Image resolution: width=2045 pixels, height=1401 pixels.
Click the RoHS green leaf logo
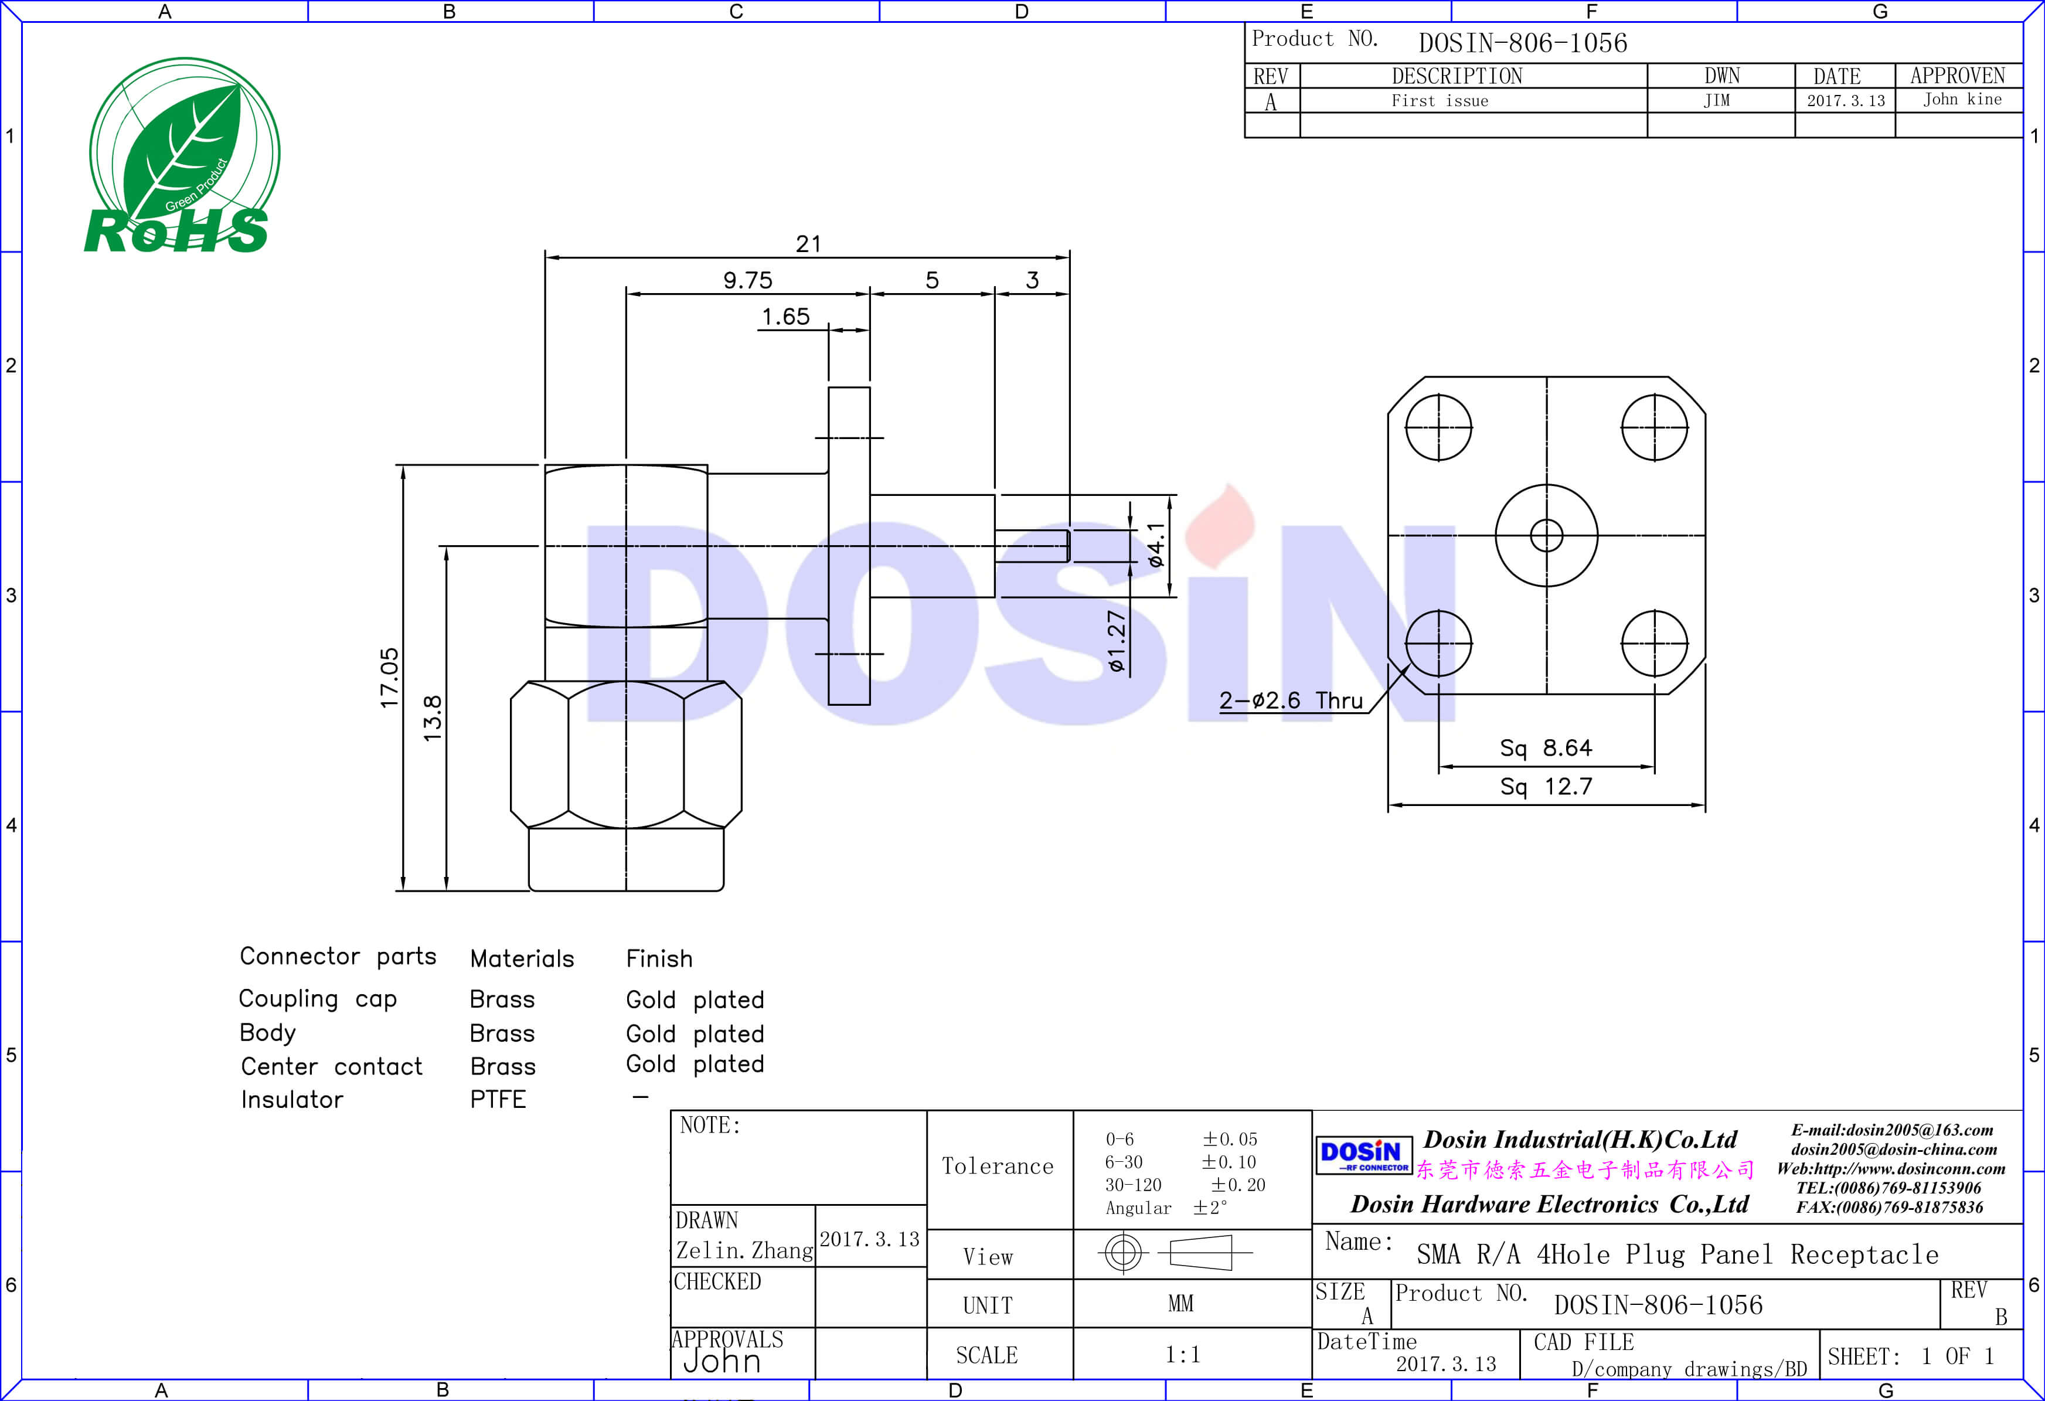[183, 157]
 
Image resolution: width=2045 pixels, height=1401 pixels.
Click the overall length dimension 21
[808, 244]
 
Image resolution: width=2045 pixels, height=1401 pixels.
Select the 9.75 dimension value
[747, 280]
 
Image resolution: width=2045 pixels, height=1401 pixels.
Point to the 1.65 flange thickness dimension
[785, 316]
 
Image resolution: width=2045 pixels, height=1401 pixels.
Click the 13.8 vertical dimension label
[432, 717]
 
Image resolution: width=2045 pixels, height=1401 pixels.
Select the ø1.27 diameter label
[1116, 641]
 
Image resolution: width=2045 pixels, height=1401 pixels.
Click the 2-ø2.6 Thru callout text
[1290, 700]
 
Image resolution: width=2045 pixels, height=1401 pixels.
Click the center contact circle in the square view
[1546, 534]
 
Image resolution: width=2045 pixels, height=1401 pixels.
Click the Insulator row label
[291, 1099]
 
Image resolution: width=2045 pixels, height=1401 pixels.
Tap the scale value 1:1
[1182, 1354]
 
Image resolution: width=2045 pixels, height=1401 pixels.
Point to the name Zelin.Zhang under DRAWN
[744, 1250]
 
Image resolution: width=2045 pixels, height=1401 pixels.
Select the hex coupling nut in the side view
[625, 755]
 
